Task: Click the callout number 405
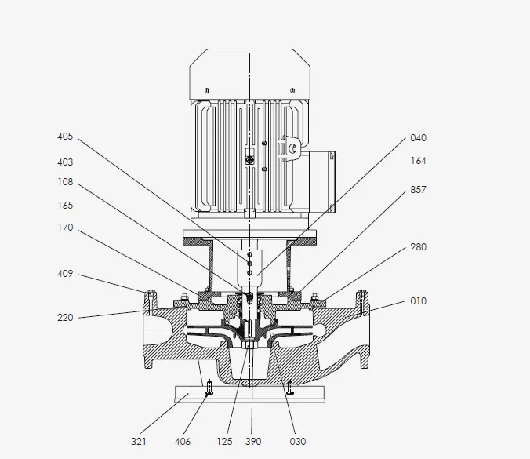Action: coord(65,137)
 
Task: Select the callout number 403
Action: coord(65,162)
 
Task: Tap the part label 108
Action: coord(65,182)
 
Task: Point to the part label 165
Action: coord(65,206)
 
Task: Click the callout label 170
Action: coord(65,228)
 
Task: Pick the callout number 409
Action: coord(65,274)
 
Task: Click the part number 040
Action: coord(419,138)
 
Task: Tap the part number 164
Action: coord(419,162)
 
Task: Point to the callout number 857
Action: coord(419,191)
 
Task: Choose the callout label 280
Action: coord(419,248)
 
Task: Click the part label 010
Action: coord(419,301)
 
